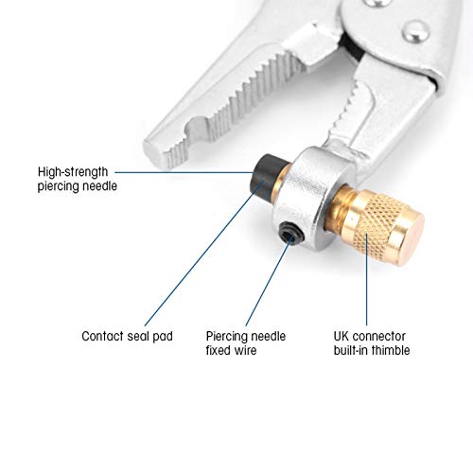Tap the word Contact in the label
(x=103, y=336)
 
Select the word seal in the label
(x=140, y=336)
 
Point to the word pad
(x=164, y=336)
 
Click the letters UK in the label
(x=343, y=336)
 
